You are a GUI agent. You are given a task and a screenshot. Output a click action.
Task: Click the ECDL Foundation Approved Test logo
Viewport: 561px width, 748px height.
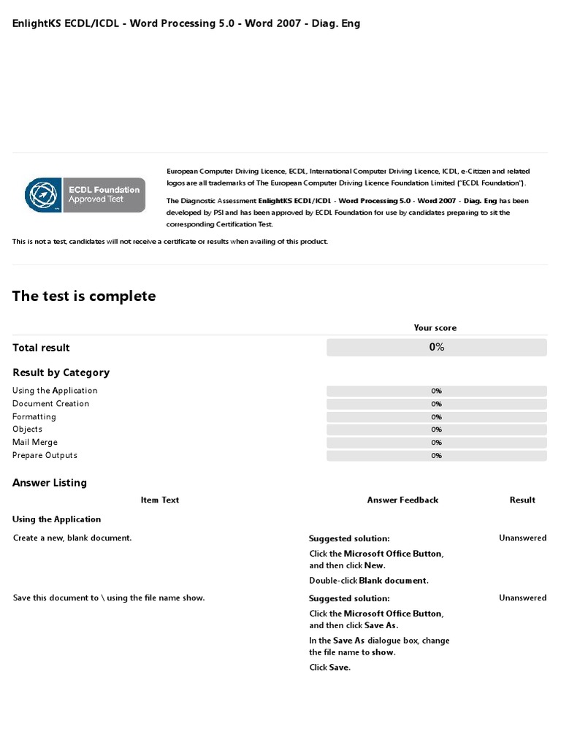click(x=85, y=195)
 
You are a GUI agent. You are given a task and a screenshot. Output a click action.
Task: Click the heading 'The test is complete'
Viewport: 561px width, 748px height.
click(x=84, y=296)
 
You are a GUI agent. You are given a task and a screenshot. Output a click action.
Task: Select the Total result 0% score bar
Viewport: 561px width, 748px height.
click(x=436, y=347)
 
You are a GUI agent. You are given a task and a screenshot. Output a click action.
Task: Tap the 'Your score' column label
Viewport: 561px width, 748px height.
click(x=435, y=328)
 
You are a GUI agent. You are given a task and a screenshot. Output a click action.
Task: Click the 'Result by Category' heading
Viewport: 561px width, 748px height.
click(x=61, y=373)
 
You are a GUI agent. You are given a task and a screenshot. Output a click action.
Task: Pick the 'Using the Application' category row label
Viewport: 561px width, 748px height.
click(x=55, y=391)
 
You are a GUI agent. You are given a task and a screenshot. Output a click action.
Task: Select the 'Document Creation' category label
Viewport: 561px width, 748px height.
click(x=50, y=404)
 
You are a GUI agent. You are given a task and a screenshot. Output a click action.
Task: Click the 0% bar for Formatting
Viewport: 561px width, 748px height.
click(x=436, y=417)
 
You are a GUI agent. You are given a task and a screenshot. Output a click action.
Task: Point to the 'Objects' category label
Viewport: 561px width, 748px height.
click(x=27, y=430)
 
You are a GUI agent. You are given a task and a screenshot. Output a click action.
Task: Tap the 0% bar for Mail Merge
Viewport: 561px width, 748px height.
click(x=436, y=443)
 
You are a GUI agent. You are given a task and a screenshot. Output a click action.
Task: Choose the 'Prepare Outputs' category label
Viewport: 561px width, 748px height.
click(x=45, y=456)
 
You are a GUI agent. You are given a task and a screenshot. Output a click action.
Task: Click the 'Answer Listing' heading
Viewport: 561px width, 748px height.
click(x=50, y=483)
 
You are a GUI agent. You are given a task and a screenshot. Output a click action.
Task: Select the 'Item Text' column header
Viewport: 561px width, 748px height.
click(x=159, y=500)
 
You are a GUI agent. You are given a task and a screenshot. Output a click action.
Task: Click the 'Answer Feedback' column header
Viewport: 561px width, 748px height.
click(x=402, y=500)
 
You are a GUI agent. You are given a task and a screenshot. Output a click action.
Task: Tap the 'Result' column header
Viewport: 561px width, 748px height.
click(x=522, y=500)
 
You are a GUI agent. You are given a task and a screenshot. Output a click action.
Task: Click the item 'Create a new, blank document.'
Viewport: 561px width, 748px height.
click(x=72, y=538)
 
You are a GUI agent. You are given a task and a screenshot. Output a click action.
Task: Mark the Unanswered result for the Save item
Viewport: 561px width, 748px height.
click(x=522, y=598)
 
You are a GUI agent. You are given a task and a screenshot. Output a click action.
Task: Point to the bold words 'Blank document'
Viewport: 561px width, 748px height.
click(x=392, y=581)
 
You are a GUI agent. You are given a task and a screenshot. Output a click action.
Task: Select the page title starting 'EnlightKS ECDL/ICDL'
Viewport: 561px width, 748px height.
click(x=186, y=23)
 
